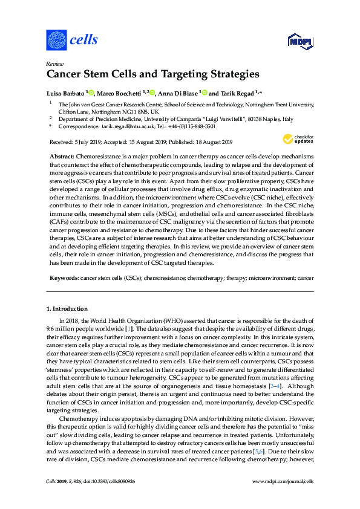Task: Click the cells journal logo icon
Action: [x=56, y=40]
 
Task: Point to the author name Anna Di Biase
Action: [x=178, y=93]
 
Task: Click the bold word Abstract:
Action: [x=62, y=156]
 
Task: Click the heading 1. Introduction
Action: [x=70, y=309]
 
